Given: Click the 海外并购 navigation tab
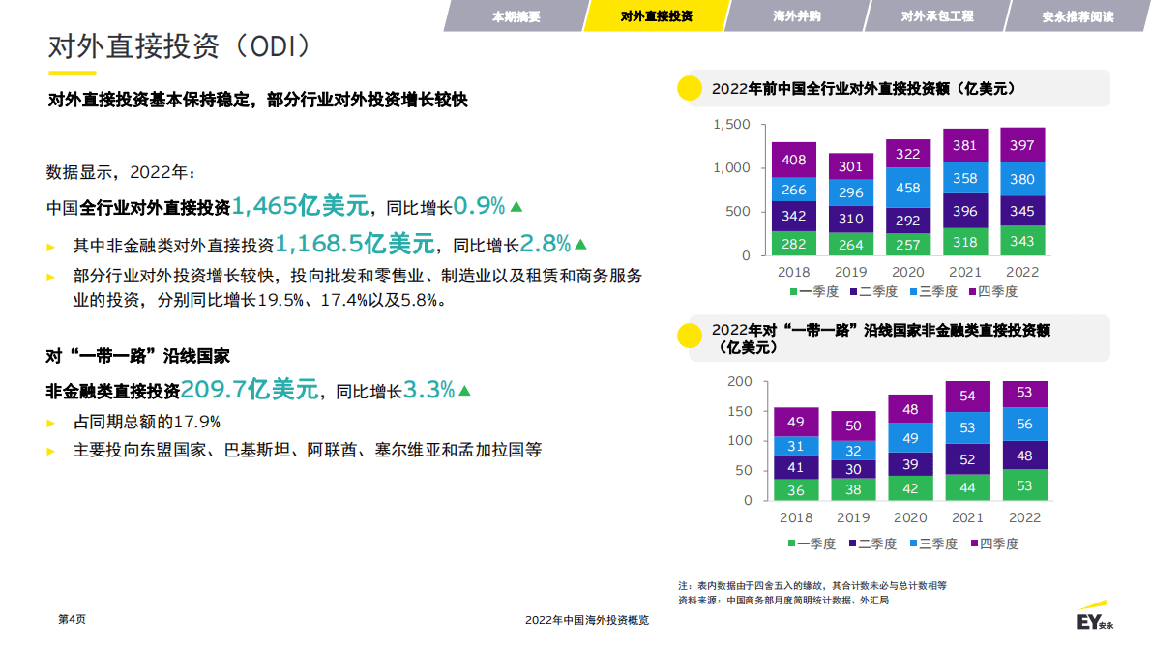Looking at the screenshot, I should [x=797, y=16].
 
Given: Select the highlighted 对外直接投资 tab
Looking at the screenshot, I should [x=657, y=16].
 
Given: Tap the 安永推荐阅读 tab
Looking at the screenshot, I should [x=1077, y=16].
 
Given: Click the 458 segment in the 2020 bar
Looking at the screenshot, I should [x=908, y=188].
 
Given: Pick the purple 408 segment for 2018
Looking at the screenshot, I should [x=794, y=160].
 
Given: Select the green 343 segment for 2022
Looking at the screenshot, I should [x=1022, y=241].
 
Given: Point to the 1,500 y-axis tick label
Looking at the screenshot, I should [x=731, y=125].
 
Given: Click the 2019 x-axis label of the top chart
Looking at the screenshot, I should [x=851, y=272].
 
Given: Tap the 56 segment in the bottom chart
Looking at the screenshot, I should [x=1025, y=424].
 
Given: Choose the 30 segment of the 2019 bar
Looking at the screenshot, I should [x=853, y=468].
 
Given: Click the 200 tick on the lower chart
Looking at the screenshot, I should [x=739, y=381].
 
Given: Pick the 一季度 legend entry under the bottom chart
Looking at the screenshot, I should [x=812, y=544].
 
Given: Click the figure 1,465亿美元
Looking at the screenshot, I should [x=301, y=206].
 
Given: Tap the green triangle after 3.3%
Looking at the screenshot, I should [x=464, y=391].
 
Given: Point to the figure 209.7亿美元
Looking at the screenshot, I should [x=250, y=391].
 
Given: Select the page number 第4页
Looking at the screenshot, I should [x=73, y=620].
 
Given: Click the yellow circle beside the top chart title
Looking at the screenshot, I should [x=689, y=88].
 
